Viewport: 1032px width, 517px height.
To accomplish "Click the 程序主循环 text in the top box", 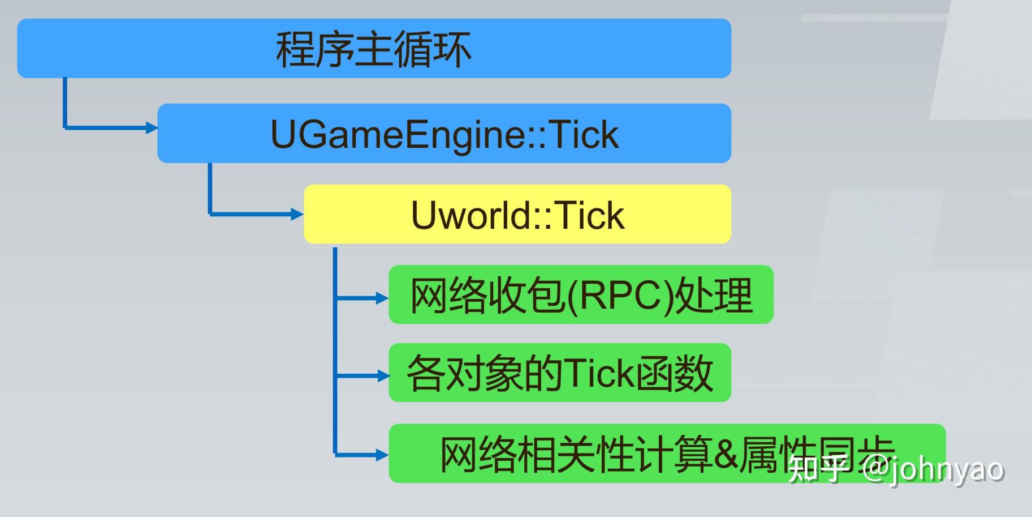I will (373, 50).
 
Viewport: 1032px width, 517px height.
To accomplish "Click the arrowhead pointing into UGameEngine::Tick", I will (152, 128).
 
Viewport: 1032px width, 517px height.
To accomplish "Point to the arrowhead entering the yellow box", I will (297, 214).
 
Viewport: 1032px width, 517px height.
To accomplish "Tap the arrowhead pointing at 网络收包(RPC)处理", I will (383, 298).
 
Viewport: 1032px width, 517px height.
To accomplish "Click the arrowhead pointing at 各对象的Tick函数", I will (383, 375).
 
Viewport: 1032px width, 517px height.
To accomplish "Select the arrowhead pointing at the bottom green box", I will (383, 454).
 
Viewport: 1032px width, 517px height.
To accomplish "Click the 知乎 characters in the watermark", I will (817, 469).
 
